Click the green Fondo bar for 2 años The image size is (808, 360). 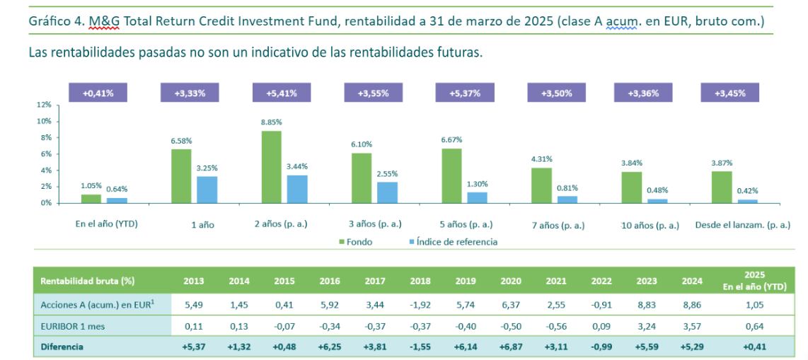[x=271, y=167]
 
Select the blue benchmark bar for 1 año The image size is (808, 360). [x=207, y=189]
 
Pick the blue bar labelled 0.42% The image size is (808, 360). [x=748, y=201]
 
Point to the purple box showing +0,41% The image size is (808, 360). [x=98, y=93]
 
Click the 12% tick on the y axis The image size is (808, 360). [x=44, y=105]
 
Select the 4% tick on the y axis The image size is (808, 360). [x=46, y=170]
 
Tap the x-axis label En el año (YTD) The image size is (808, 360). [x=107, y=223]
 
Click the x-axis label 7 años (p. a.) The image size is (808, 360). [x=558, y=225]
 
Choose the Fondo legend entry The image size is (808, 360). [x=355, y=242]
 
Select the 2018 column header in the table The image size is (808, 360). [x=420, y=281]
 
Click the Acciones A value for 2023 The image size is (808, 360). [x=647, y=305]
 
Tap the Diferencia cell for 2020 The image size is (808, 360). [x=511, y=347]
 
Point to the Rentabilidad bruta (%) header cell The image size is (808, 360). [x=88, y=281]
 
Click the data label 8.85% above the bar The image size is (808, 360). [x=271, y=122]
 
